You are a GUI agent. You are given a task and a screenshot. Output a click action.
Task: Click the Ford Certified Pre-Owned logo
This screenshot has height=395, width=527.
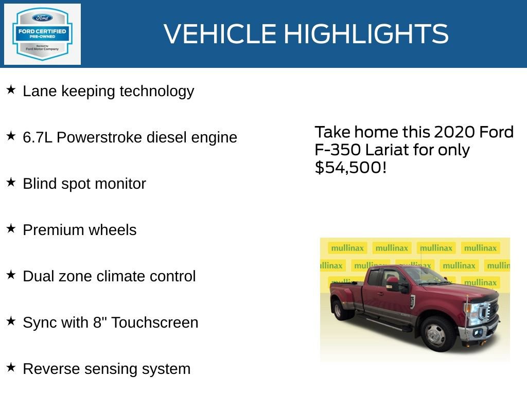point(42,34)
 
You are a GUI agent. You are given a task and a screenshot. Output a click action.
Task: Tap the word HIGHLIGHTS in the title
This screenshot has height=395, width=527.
point(366,34)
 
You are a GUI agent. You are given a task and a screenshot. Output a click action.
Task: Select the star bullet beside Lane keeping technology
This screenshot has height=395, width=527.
point(11,90)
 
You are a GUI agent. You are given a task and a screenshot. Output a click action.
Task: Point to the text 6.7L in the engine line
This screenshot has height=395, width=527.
point(38,137)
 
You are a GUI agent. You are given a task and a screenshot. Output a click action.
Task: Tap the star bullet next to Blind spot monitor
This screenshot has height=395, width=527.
point(11,183)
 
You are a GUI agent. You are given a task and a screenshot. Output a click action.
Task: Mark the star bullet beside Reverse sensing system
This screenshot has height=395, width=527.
point(11,368)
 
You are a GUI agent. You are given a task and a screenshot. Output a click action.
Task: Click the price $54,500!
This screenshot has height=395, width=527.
point(350,167)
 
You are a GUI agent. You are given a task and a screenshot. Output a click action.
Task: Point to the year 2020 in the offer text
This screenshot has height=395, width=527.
point(455,132)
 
